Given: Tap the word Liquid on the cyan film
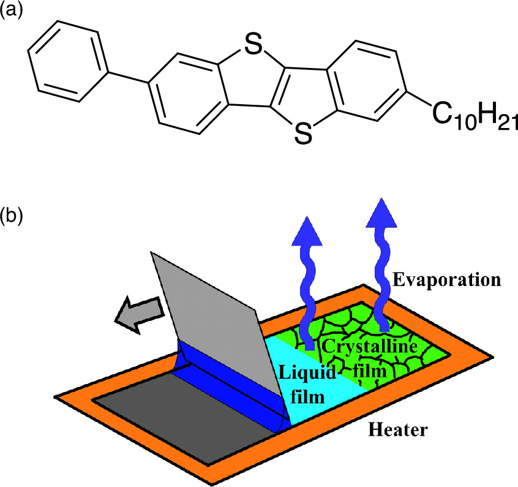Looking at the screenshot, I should pos(300,371).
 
